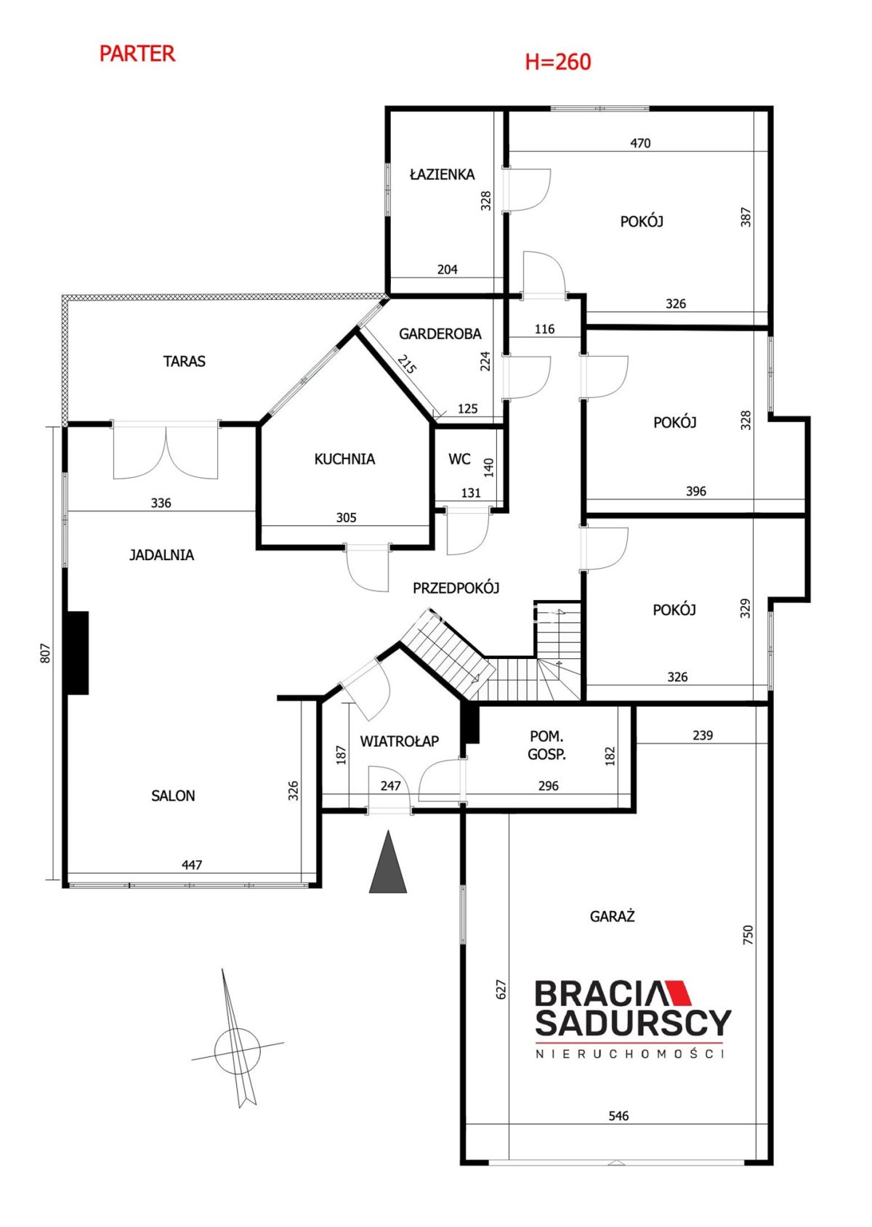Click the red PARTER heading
[x=137, y=54]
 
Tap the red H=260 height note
[x=558, y=62]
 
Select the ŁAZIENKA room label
[x=443, y=174]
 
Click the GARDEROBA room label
[x=440, y=333]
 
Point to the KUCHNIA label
[x=344, y=459]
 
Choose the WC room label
[x=459, y=459]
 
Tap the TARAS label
[x=184, y=362]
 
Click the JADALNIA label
[x=162, y=555]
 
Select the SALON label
[x=173, y=796]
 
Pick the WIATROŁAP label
[x=400, y=741]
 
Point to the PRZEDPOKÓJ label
[x=456, y=588]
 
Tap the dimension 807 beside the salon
[x=46, y=654]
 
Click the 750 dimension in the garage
[x=748, y=934]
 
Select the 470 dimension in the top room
[x=640, y=144]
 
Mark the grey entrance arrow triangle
[x=388, y=862]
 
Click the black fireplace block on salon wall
[x=77, y=654]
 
